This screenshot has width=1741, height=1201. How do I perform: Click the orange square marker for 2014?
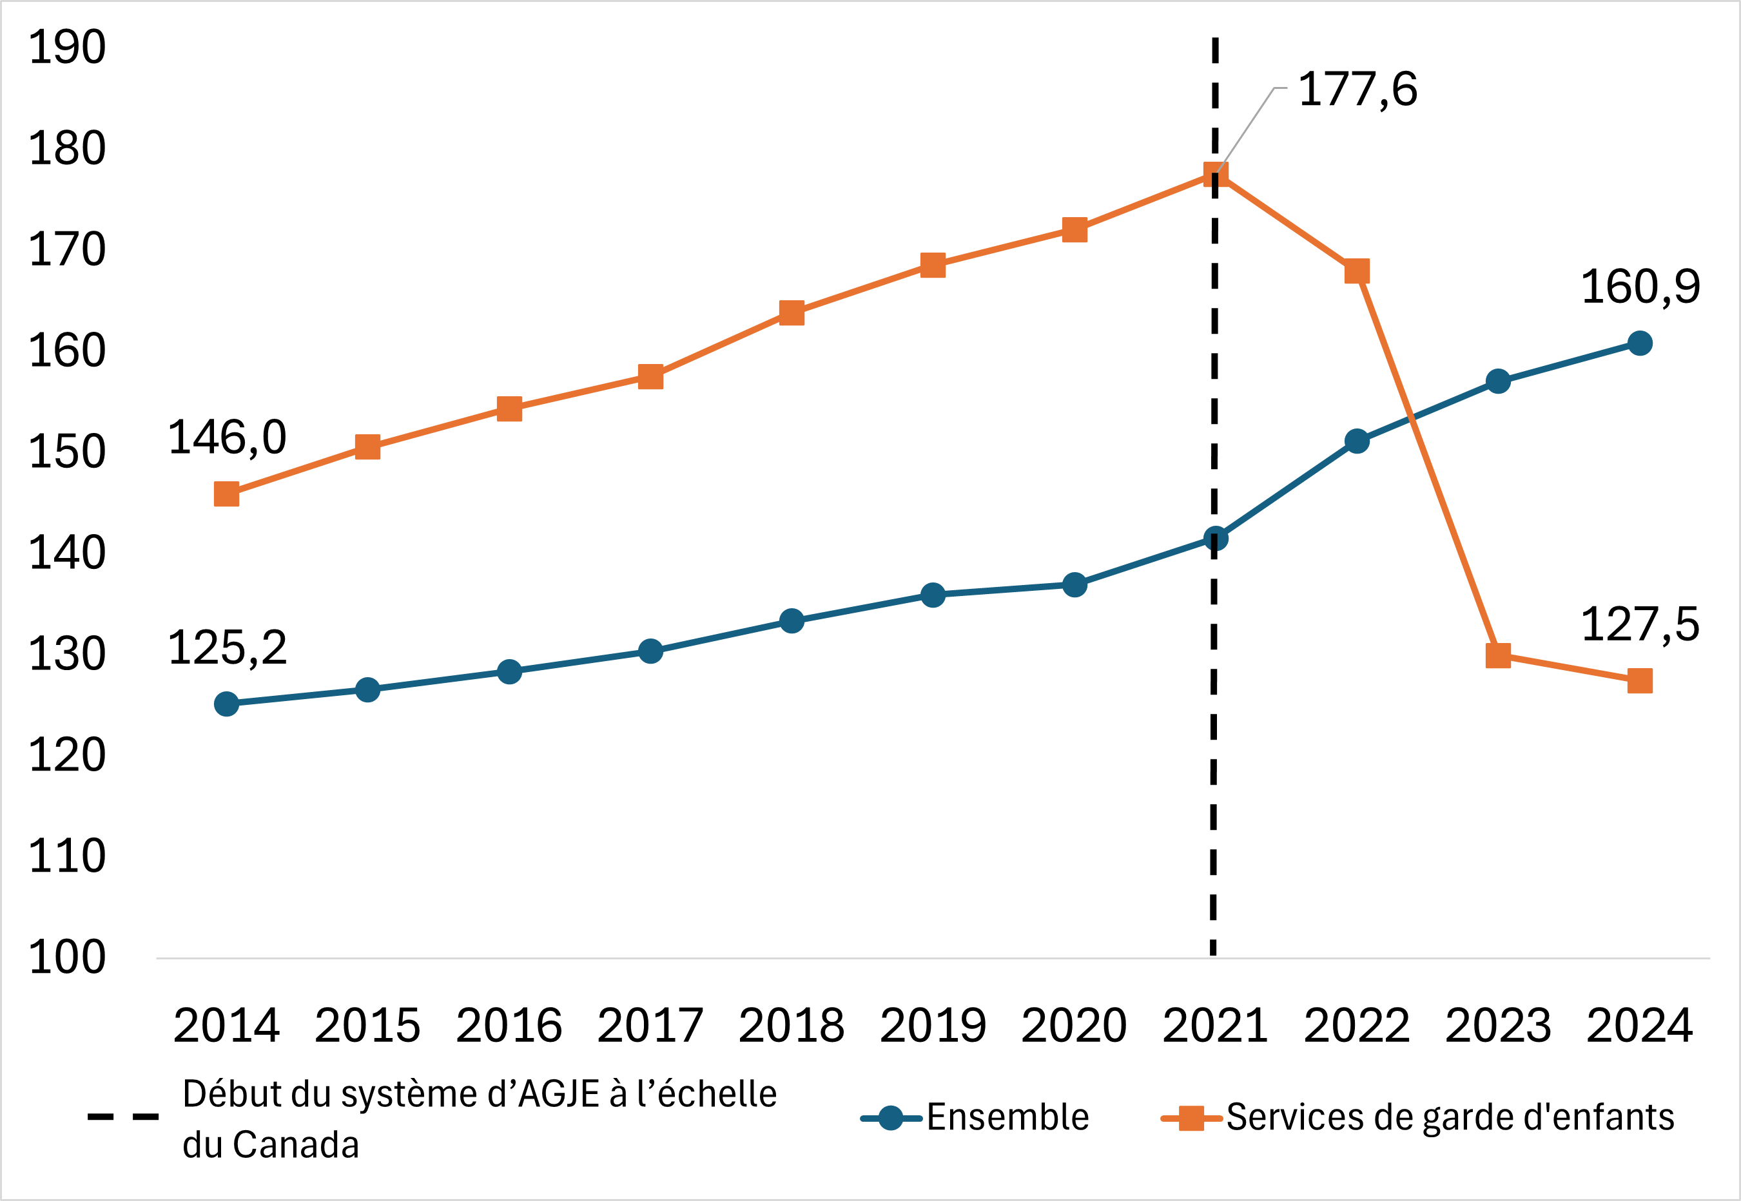pos(226,494)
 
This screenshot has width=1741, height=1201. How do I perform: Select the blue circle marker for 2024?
pos(1639,343)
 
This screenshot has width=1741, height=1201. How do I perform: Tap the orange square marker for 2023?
pos(1498,655)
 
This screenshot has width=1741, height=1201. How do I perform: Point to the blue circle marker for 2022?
pos(1356,441)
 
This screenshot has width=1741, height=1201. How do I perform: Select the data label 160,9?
pos(1639,287)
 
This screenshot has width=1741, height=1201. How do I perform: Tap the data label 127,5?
pos(1639,624)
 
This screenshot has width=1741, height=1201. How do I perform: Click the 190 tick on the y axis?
pos(67,48)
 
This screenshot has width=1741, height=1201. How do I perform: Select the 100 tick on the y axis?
pos(67,958)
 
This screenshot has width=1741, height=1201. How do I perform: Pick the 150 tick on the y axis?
pos(67,452)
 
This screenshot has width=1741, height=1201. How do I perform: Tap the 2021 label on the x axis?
pos(1215,1026)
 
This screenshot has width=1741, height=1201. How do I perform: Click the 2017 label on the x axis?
pos(650,1026)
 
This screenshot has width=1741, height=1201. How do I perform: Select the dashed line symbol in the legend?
pos(122,1117)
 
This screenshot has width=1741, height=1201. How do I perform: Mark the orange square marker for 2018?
pos(791,313)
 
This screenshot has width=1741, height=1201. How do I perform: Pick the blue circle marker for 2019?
pos(933,595)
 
